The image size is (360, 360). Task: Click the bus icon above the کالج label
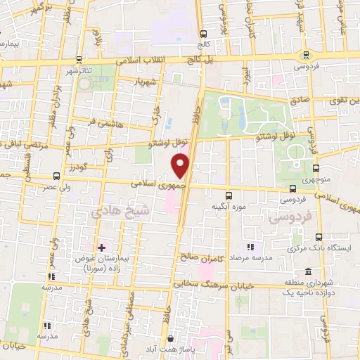(203, 33)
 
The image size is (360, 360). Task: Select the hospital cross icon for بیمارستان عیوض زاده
(101, 247)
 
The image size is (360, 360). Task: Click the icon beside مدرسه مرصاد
(250, 247)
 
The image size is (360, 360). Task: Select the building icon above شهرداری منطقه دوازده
(308, 272)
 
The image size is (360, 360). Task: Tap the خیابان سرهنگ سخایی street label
(211, 285)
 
